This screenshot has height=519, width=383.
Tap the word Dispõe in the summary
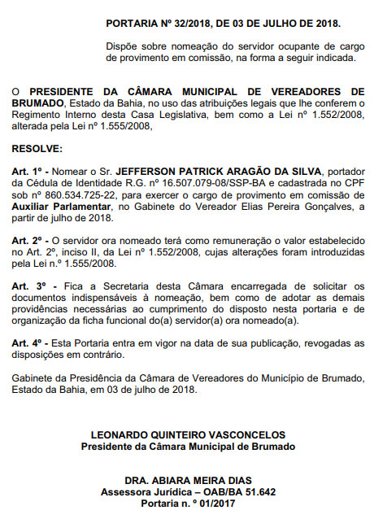coord(123,47)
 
